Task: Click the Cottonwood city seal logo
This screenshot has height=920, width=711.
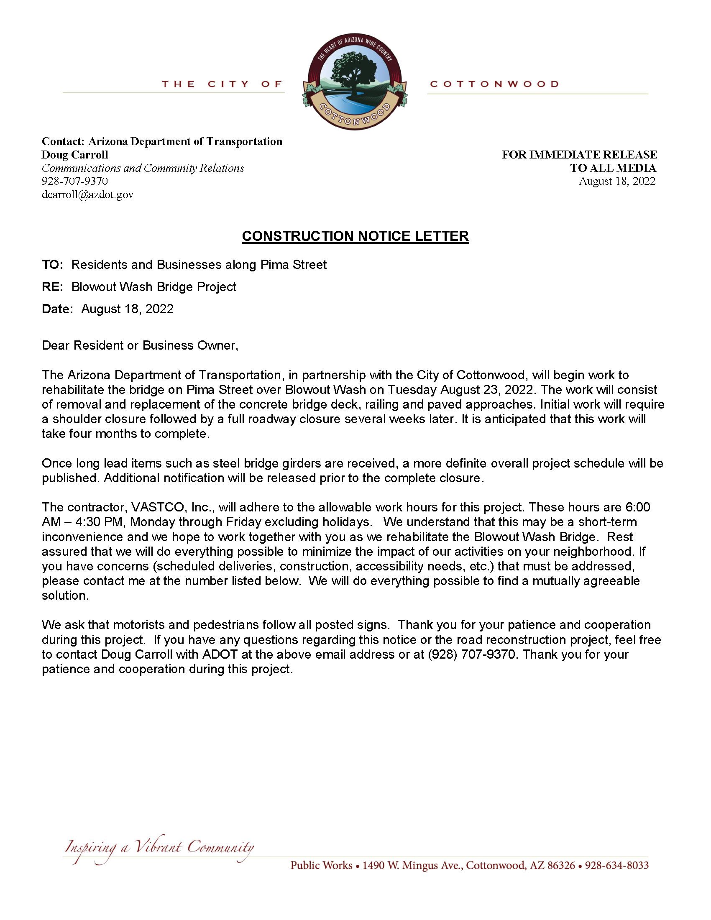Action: click(x=355, y=82)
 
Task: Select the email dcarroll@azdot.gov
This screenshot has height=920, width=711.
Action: click(x=87, y=195)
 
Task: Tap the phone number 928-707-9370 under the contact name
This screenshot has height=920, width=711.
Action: click(x=74, y=181)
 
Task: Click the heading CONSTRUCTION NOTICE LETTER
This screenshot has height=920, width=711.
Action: click(x=355, y=236)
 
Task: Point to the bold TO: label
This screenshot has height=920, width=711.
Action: click(x=52, y=265)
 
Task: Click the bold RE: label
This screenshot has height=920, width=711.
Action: click(x=52, y=287)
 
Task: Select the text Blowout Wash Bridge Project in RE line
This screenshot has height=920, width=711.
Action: click(x=154, y=287)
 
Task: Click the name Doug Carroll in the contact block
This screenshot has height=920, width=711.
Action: click(x=74, y=155)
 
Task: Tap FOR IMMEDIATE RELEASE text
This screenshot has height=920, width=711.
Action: click(x=579, y=155)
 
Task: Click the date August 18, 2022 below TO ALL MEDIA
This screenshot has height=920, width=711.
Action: click(x=616, y=181)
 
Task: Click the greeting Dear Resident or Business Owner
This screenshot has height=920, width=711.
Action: click(x=140, y=346)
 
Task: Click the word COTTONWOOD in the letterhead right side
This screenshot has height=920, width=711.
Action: click(x=494, y=84)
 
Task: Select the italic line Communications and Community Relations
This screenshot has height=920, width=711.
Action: click(x=143, y=168)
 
